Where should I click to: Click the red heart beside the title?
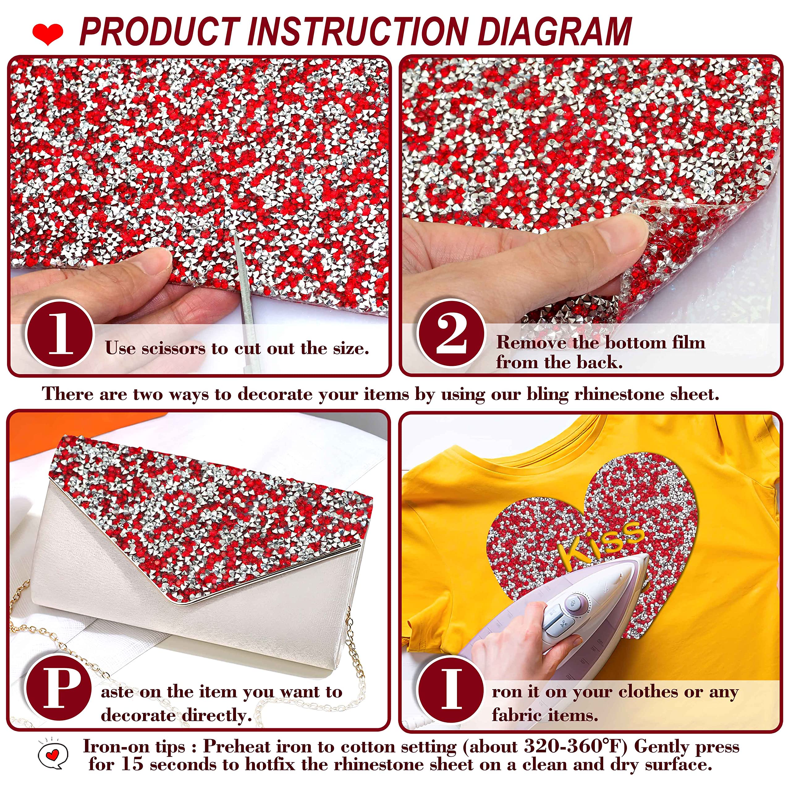coord(48,34)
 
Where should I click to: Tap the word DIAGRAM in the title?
coord(555,32)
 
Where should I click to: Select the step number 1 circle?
coord(60,334)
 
